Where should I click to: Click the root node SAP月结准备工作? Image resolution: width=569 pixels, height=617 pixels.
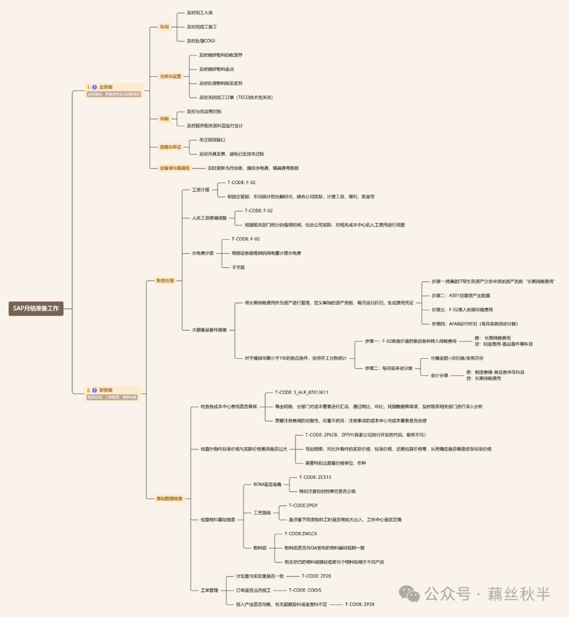[x=36, y=308]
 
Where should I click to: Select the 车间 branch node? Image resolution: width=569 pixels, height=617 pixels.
[x=164, y=27]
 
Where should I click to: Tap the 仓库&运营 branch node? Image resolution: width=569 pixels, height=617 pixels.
[x=170, y=76]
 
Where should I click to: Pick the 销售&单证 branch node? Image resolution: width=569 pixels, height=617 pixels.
[x=170, y=147]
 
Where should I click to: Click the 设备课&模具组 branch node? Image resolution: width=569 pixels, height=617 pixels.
[x=175, y=168]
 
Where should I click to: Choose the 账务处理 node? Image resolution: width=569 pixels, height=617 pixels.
[x=165, y=281]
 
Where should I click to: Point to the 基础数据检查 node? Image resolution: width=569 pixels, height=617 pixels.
[x=169, y=498]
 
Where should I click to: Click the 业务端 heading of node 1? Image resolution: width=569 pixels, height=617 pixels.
[x=105, y=87]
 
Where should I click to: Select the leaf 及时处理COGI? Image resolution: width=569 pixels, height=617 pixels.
[x=201, y=41]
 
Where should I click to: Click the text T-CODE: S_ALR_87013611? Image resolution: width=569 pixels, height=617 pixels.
[x=301, y=393]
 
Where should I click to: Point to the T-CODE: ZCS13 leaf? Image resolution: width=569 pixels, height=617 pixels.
[x=315, y=477]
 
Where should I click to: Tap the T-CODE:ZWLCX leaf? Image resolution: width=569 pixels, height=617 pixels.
[x=300, y=534]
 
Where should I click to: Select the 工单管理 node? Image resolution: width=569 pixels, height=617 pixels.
[x=209, y=590]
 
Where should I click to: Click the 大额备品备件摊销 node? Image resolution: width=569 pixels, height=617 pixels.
[x=209, y=330]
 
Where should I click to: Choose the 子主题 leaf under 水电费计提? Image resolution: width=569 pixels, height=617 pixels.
[x=238, y=267]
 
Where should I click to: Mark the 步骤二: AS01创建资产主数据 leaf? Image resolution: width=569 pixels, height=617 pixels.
[x=460, y=296]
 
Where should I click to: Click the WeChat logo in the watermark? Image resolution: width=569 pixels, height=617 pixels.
[x=409, y=594]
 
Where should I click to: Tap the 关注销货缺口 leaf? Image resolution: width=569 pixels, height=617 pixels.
[x=212, y=140]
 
